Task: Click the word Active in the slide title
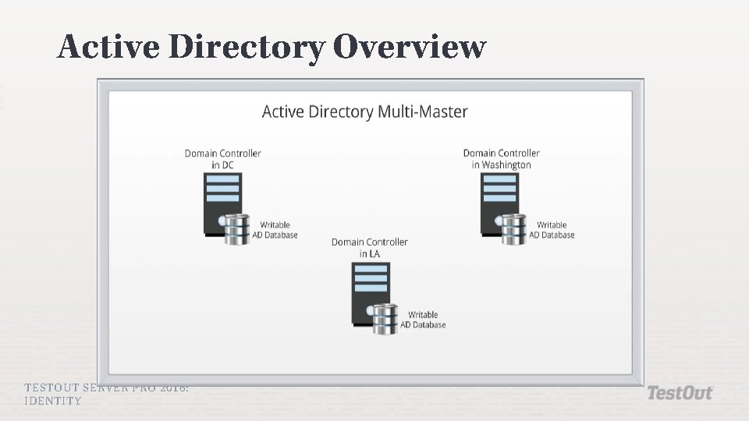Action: coord(108,47)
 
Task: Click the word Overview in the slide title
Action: coord(409,47)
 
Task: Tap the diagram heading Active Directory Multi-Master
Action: coord(364,111)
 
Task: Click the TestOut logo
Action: coord(680,393)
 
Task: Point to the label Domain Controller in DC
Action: coord(222,159)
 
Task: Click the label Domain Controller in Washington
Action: coord(501,159)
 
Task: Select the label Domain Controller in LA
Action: coord(369,248)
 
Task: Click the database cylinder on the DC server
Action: coord(236,229)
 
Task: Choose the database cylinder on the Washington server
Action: coord(513,229)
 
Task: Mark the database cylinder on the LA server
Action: coord(384,319)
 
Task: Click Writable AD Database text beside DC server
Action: coord(275,230)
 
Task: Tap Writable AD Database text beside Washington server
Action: coord(552,230)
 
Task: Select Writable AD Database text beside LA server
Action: coord(423,320)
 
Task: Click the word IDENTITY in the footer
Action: coord(53,401)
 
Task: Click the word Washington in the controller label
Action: coord(506,165)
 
